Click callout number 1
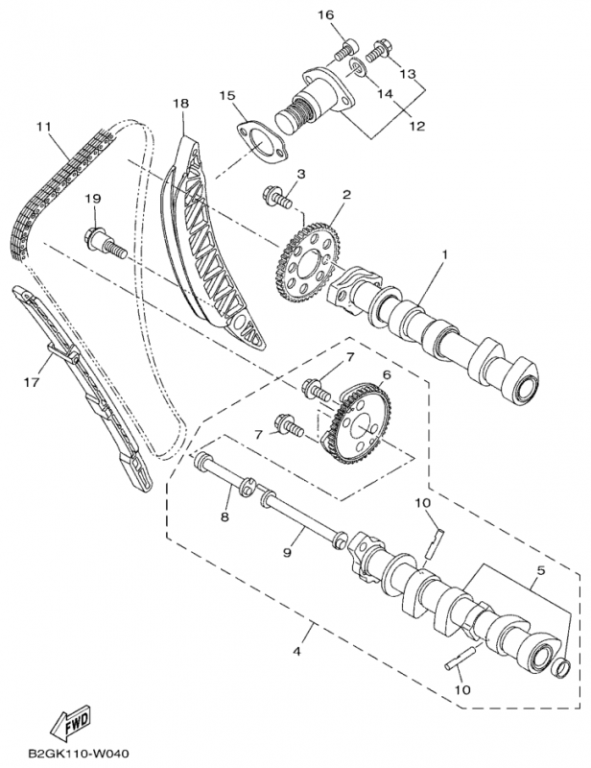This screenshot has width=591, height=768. click(x=445, y=256)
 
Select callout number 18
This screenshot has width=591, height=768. click(x=179, y=103)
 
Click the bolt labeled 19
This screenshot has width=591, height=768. click(x=104, y=243)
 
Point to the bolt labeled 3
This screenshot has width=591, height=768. click(x=279, y=200)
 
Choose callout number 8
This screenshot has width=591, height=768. click(x=225, y=517)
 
